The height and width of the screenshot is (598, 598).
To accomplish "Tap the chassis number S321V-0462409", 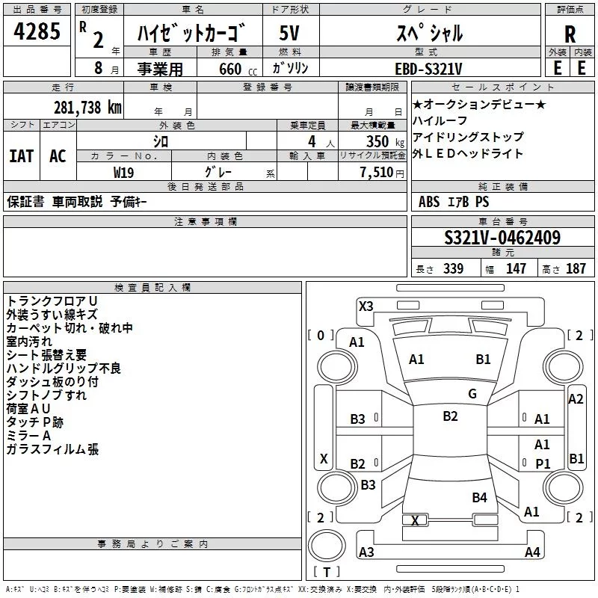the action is coord(502,238).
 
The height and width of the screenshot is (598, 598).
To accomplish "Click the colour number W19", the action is coord(123,172).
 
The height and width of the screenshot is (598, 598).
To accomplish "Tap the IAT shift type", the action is coord(22,156).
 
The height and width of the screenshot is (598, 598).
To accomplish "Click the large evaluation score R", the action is coord(570,34).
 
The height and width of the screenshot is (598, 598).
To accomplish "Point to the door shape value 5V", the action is coord(289,33).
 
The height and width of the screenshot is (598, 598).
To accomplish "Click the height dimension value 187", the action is coord(576,269).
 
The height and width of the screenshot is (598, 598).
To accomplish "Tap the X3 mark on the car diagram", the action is coord(366,306).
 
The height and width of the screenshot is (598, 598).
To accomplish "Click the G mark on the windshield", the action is coord(472,394).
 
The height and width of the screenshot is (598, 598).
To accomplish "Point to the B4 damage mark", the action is coord(479,497).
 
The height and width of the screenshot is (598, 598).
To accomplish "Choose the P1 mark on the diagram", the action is coord(543,464).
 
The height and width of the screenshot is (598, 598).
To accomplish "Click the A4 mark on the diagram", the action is coord(532,552).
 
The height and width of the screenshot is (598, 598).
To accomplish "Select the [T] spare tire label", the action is coord(327,573).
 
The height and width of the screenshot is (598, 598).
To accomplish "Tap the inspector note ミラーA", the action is coord(28,436).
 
